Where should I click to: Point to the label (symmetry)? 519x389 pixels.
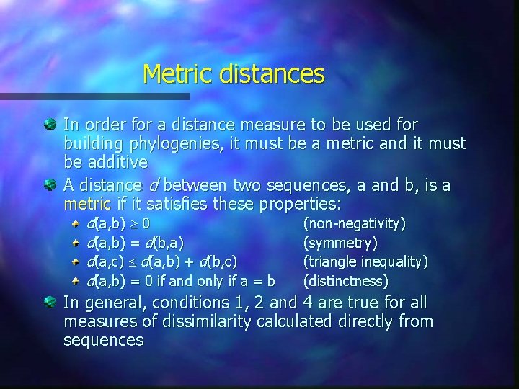click(341, 243)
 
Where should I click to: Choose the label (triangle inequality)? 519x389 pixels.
click(365, 261)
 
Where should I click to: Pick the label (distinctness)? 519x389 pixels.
click(346, 280)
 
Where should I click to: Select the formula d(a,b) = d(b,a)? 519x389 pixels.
click(135, 243)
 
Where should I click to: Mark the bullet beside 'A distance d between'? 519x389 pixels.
click(51, 186)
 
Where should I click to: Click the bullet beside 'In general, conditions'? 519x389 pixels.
click(51, 303)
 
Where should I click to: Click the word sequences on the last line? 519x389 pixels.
click(103, 339)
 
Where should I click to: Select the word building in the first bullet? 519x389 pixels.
click(92, 143)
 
